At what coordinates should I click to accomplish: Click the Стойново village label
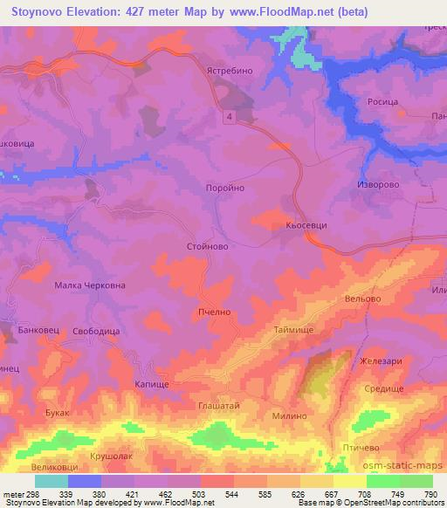click(208, 247)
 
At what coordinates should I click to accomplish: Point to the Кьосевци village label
click(306, 224)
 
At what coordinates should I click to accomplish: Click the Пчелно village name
click(214, 309)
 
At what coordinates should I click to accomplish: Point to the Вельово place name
click(364, 299)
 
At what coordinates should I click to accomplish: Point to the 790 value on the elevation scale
click(430, 494)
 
